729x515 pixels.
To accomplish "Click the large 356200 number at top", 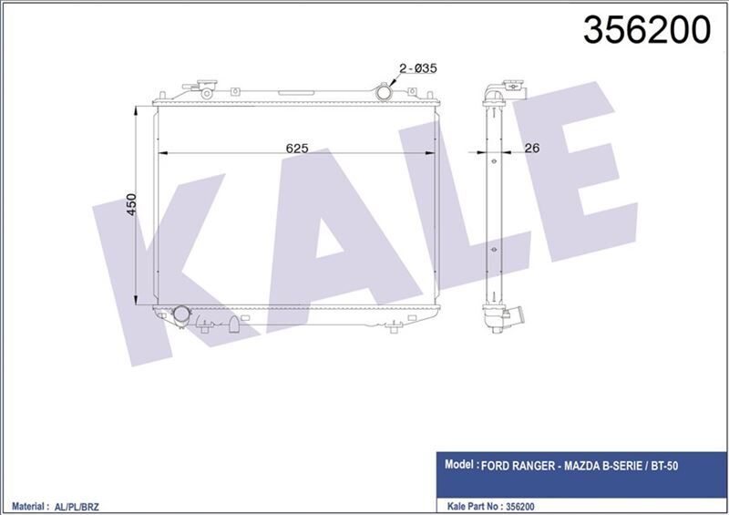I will (646, 30).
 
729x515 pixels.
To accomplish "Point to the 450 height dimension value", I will (131, 204).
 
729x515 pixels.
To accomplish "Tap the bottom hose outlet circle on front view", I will (182, 315).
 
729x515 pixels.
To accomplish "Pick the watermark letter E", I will (565, 182).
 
